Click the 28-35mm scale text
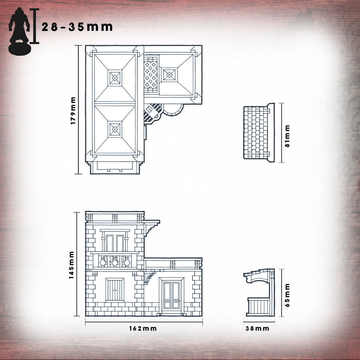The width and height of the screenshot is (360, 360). point(77,27)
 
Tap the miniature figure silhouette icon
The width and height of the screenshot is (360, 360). point(19,31)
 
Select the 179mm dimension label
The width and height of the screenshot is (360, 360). point(73,111)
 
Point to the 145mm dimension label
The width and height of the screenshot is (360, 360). point(72,265)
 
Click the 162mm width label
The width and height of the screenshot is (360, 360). point(143,328)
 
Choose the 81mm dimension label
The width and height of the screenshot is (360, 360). point(288,136)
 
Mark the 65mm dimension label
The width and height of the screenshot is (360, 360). point(288,296)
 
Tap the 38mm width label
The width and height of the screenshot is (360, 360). point(257,328)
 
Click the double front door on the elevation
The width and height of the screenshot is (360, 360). point(172,295)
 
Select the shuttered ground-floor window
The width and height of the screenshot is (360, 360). point(115,290)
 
